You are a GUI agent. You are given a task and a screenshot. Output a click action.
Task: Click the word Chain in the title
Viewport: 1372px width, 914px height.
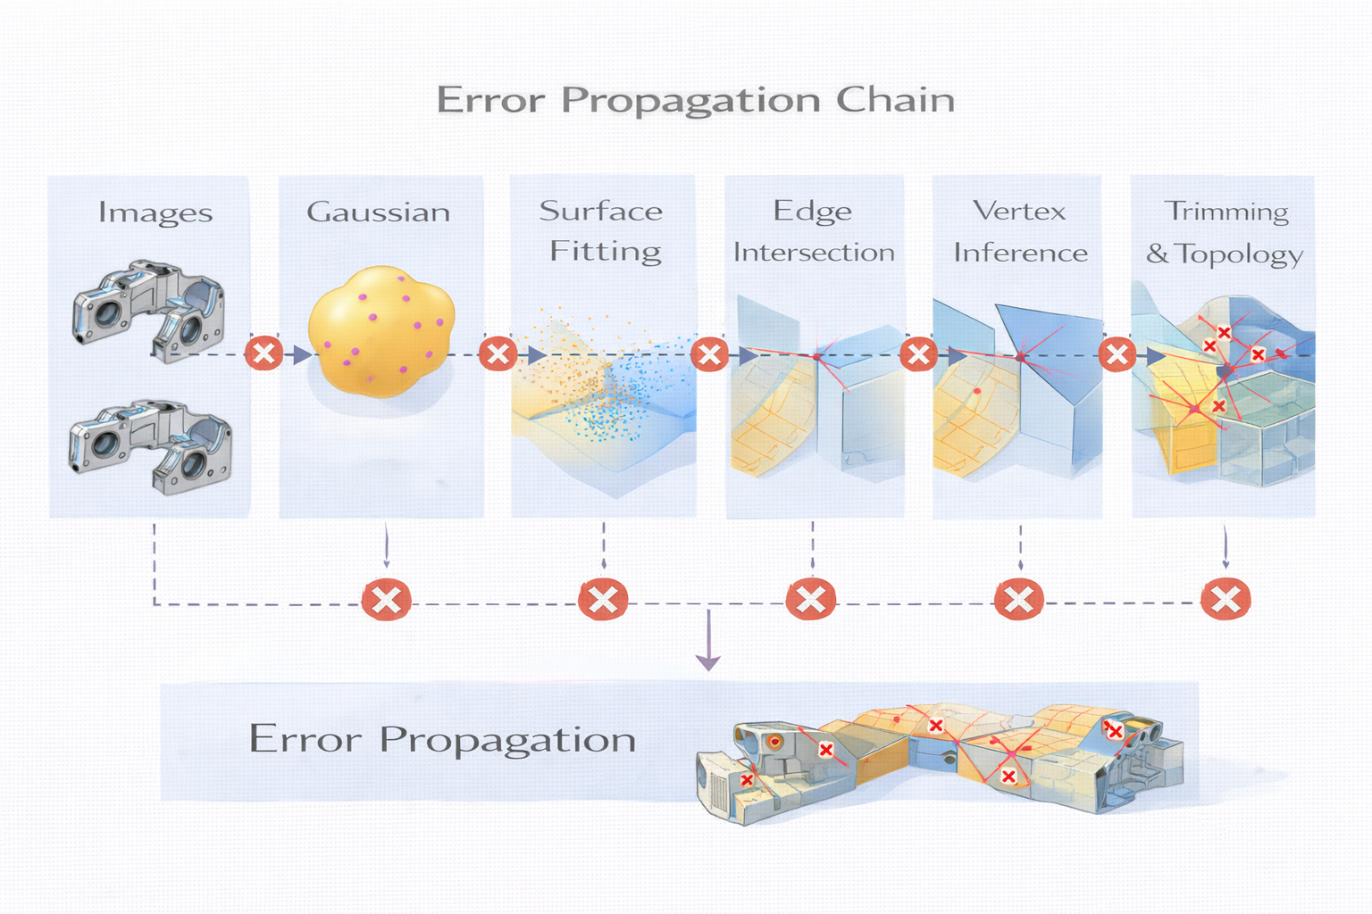click(895, 99)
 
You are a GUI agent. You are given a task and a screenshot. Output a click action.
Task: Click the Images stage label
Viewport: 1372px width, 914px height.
click(155, 212)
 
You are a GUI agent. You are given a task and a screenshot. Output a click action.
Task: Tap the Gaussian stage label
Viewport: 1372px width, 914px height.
click(378, 212)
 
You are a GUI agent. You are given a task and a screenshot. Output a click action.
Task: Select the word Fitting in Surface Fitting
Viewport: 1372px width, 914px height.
click(606, 252)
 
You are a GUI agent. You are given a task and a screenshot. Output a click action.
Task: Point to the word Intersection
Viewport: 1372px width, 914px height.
click(814, 253)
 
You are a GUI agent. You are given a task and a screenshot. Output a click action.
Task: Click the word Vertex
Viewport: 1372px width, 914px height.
click(1019, 212)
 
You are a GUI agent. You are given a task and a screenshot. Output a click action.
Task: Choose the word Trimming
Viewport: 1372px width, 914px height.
click(1226, 212)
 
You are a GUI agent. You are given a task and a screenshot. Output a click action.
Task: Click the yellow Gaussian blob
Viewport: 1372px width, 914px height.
click(381, 330)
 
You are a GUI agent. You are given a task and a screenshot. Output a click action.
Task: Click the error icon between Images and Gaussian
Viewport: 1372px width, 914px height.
click(264, 353)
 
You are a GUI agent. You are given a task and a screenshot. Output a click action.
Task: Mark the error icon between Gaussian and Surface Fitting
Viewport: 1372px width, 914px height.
click(498, 353)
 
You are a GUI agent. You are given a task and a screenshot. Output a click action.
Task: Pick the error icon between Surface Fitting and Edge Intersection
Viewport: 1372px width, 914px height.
click(709, 354)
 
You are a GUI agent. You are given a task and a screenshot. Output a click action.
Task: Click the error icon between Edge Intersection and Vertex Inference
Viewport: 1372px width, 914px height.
click(918, 354)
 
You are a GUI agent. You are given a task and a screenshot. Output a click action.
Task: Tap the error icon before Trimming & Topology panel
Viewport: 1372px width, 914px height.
click(1117, 354)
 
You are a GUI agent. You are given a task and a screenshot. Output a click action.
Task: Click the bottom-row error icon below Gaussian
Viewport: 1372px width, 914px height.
click(386, 600)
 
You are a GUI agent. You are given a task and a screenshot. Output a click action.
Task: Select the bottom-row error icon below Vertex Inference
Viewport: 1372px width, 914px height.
click(1018, 599)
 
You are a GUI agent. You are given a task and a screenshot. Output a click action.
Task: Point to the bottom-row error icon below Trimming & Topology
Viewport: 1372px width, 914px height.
click(1226, 599)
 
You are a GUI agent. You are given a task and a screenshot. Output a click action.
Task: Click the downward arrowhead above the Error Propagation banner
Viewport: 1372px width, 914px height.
click(708, 662)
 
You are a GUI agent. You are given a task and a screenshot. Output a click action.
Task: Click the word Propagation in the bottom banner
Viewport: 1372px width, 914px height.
click(507, 740)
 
